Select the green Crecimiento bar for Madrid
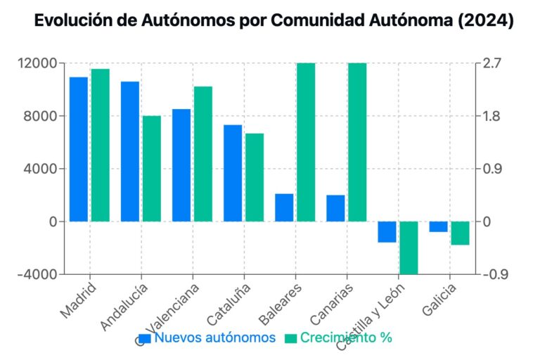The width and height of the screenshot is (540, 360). (100, 145)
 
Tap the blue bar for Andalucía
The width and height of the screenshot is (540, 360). (130, 151)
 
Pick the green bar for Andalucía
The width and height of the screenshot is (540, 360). (152, 169)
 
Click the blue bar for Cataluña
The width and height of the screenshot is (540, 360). (233, 173)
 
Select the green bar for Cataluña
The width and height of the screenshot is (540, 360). (255, 177)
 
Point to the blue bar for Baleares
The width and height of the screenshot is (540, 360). (284, 207)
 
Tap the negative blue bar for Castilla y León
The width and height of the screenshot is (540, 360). (387, 232)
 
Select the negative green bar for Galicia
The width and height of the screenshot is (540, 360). (460, 233)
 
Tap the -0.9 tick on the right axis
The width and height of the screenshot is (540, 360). (492, 274)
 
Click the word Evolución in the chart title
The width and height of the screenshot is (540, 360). (67, 22)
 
